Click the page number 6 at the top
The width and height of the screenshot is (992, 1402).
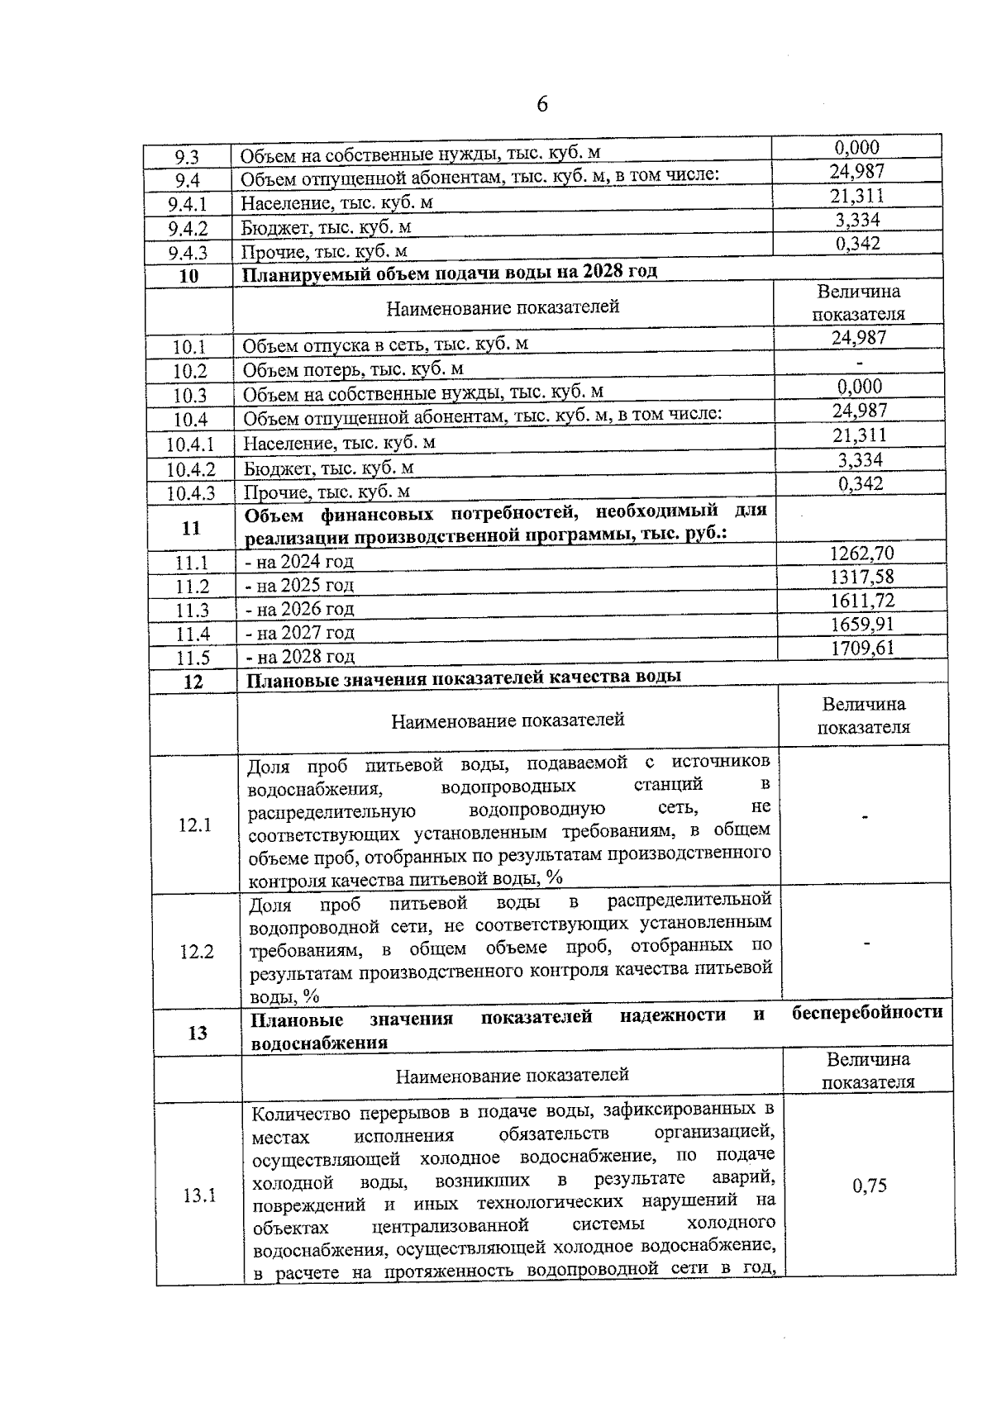[x=542, y=105]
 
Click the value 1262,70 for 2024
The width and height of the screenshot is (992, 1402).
[x=861, y=554]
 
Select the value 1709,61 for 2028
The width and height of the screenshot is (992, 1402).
[x=862, y=648]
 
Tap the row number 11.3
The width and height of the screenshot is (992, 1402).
[x=193, y=611]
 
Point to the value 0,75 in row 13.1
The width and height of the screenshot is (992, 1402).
[x=869, y=1186]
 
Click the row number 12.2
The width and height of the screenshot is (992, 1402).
[x=197, y=952]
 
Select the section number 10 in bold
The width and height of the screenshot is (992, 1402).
[x=188, y=276]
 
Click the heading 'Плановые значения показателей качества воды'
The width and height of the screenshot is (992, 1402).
[x=464, y=677]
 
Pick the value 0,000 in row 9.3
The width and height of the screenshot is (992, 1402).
[x=856, y=148]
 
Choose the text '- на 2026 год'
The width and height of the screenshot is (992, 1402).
[x=300, y=610]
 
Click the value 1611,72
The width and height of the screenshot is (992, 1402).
[x=862, y=601]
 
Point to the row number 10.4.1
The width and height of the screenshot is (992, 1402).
[x=190, y=445]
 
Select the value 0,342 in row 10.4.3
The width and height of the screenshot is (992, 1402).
[x=860, y=484]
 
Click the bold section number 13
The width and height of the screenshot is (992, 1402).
[x=198, y=1033]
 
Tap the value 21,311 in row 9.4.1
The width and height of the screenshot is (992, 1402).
[x=857, y=196]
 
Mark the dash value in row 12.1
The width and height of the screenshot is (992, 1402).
[x=865, y=817]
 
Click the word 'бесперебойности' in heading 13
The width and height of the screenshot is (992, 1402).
[x=866, y=1013]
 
